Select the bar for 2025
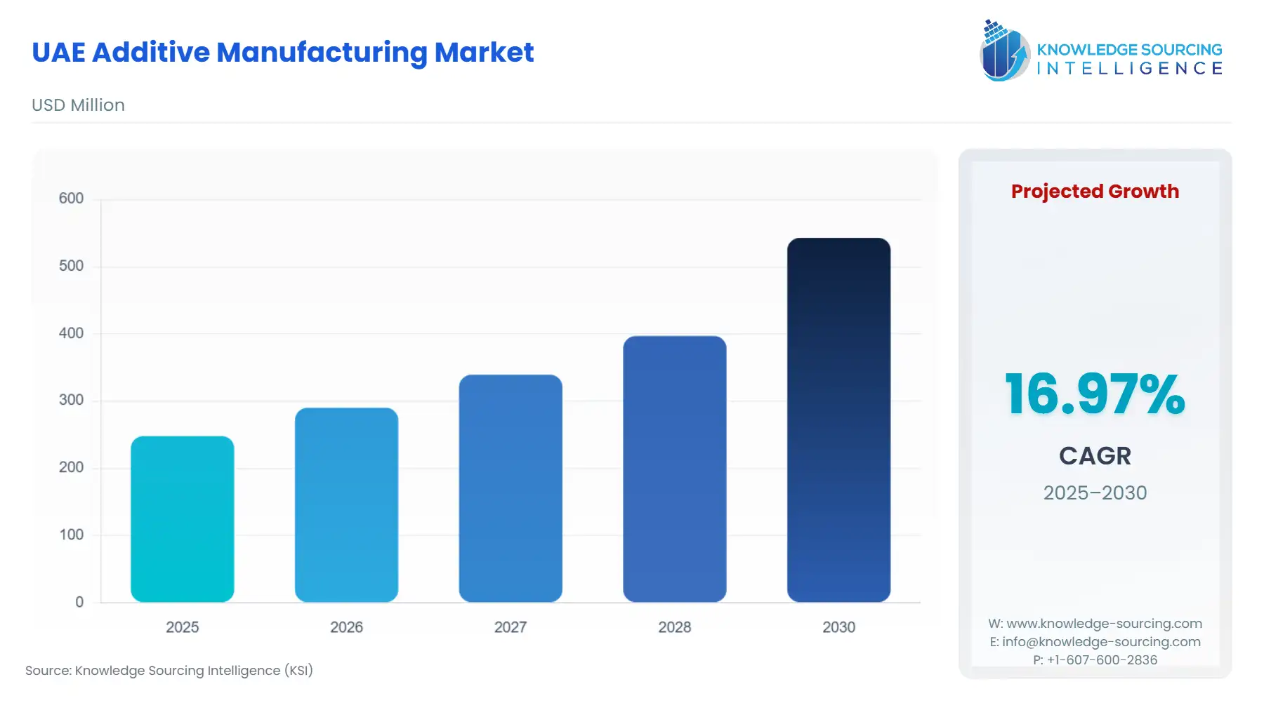(182, 519)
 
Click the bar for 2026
(346, 505)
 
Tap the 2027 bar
(511, 488)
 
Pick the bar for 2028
(674, 469)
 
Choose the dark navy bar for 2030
(838, 420)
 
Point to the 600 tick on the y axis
(71, 199)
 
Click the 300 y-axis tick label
(71, 400)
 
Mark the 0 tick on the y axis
(79, 602)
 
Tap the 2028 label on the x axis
(674, 627)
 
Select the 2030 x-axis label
(838, 627)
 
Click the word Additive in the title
(151, 53)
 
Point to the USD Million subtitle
(78, 105)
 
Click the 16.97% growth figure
(1094, 394)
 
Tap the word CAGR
(1095, 456)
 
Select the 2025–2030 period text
(1095, 493)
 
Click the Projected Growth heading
(1095, 191)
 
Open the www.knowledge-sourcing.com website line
(1104, 624)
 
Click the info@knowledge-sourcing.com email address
(1101, 642)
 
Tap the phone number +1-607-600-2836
(1102, 660)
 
